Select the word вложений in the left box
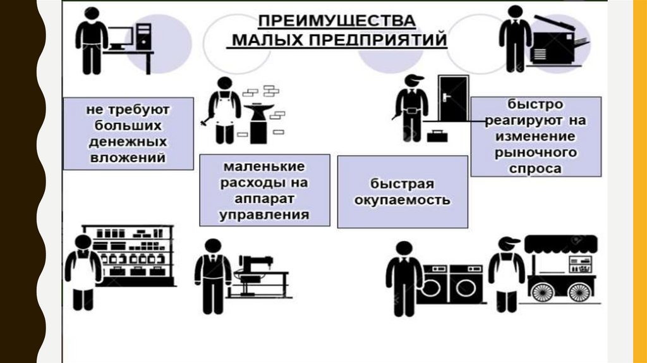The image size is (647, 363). [128, 157]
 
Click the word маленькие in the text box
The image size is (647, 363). [264, 168]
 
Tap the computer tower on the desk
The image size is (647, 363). [145, 37]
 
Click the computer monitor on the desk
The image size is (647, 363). [120, 38]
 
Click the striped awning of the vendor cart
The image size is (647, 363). [561, 243]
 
